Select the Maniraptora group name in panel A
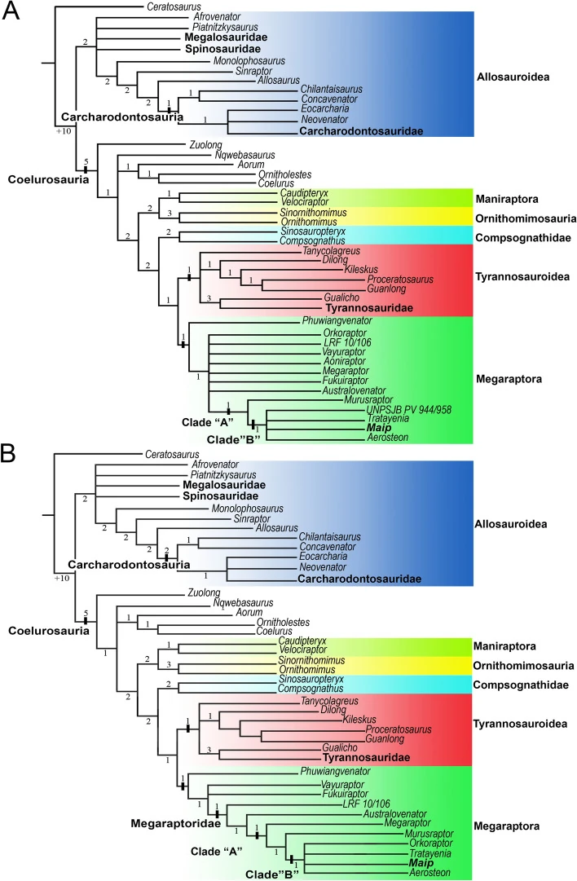[513, 199]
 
